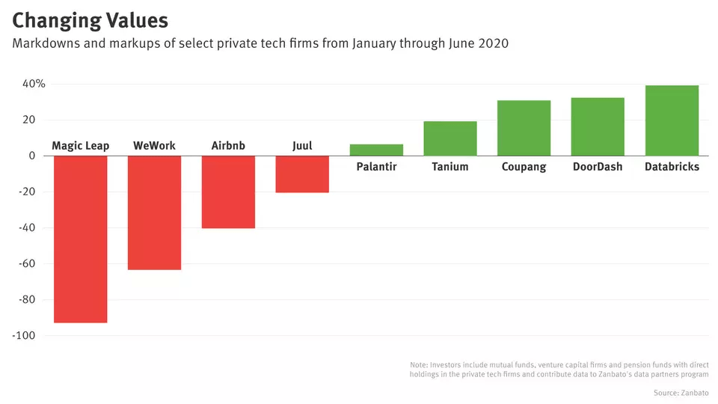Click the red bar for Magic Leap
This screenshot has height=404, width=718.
tap(81, 239)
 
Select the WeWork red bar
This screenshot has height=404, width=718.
tap(155, 212)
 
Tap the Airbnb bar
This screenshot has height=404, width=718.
tap(228, 192)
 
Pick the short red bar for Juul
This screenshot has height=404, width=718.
tap(302, 174)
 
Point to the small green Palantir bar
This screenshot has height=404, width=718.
tap(376, 150)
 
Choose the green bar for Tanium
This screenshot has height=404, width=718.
tap(450, 138)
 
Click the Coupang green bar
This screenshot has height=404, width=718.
tap(524, 128)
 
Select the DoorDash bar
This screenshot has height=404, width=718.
tap(598, 126)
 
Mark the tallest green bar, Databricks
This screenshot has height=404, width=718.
tap(672, 120)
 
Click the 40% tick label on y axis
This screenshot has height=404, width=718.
tap(34, 84)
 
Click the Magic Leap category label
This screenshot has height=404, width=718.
tap(81, 146)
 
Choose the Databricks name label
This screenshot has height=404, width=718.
tap(672, 167)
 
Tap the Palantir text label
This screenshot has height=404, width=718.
tap(376, 167)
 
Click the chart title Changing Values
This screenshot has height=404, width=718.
tap(90, 19)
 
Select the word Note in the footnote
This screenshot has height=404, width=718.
tap(419, 364)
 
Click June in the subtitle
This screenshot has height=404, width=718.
tap(463, 43)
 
